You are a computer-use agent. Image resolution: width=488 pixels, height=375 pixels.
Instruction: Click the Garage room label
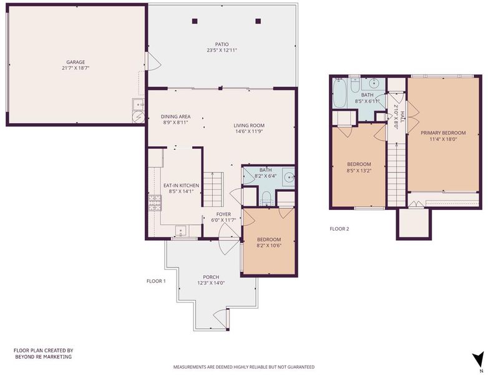click(76, 62)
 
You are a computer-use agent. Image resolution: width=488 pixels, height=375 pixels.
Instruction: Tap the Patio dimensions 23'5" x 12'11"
click(222, 50)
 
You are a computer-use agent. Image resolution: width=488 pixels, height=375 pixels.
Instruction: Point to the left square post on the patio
click(195, 21)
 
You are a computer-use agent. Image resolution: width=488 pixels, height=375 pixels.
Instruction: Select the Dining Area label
click(175, 117)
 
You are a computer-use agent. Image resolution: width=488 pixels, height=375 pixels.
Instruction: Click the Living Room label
click(249, 126)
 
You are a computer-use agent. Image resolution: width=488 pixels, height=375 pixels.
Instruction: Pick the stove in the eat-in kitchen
click(155, 203)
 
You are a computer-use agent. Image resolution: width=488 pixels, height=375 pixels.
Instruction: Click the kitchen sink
click(181, 231)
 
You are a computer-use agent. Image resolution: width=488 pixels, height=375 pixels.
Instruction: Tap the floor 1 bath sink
click(290, 177)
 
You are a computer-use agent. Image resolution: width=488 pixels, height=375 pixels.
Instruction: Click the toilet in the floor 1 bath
click(266, 199)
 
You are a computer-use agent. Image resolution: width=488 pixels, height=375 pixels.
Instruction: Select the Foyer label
click(223, 214)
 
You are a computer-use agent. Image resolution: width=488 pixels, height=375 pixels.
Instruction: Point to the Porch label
click(211, 277)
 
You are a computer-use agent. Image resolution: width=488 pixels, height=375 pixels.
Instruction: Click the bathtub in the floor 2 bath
click(339, 92)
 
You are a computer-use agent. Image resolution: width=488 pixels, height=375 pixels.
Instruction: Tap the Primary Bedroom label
click(443, 132)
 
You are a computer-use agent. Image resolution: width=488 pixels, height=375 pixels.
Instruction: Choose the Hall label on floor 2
click(402, 117)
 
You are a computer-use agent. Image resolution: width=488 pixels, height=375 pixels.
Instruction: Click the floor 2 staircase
click(397, 174)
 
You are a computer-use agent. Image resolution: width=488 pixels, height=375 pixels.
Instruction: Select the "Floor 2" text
click(339, 229)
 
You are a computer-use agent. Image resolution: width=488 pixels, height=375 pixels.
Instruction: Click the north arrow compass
click(477, 358)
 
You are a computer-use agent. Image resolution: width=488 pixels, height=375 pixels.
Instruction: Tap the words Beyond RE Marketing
click(43, 357)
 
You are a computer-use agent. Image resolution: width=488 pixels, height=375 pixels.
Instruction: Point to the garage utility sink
click(138, 104)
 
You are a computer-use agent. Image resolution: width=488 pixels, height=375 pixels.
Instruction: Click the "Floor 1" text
click(156, 281)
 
